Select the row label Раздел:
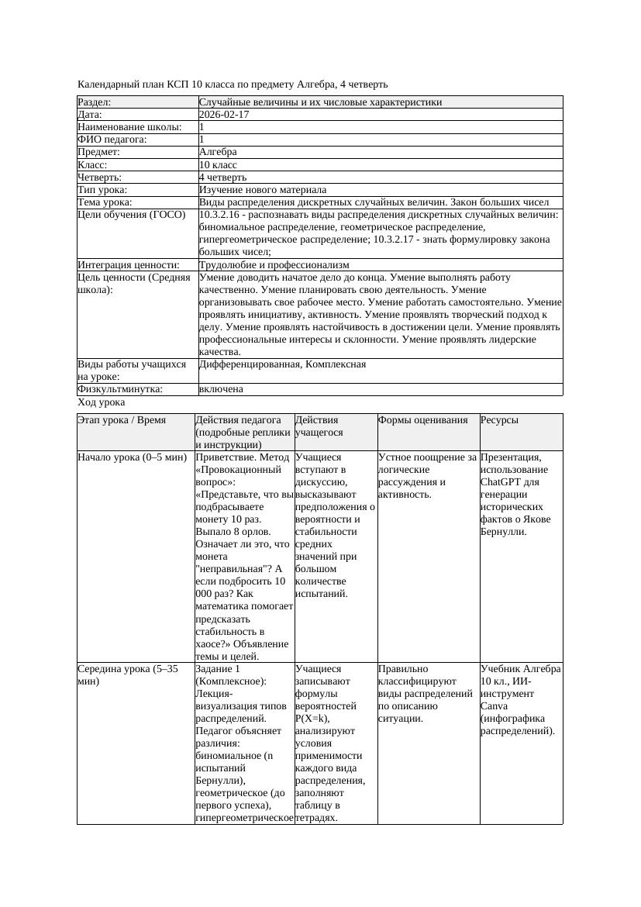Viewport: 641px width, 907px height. tap(95, 102)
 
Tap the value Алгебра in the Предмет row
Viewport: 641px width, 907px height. tap(218, 153)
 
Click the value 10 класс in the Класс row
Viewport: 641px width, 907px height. tap(218, 165)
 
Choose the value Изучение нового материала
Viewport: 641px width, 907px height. tap(263, 190)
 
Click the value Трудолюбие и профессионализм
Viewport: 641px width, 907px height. tap(274, 265)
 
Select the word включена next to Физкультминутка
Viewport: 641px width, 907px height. tap(221, 389)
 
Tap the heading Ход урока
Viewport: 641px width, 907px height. tap(101, 402)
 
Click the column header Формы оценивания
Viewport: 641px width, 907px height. tap(423, 420)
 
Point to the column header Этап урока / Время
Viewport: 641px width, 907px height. tap(122, 420)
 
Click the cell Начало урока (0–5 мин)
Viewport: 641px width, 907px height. tap(133, 457)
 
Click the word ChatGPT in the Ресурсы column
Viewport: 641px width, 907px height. tap(501, 482)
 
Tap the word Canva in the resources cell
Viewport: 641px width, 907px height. tap(494, 705)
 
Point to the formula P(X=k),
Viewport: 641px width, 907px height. tap(312, 718)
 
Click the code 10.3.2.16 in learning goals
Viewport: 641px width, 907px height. tap(219, 215)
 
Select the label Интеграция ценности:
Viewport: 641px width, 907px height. tap(129, 265)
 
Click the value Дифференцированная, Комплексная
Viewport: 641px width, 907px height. tap(282, 364)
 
